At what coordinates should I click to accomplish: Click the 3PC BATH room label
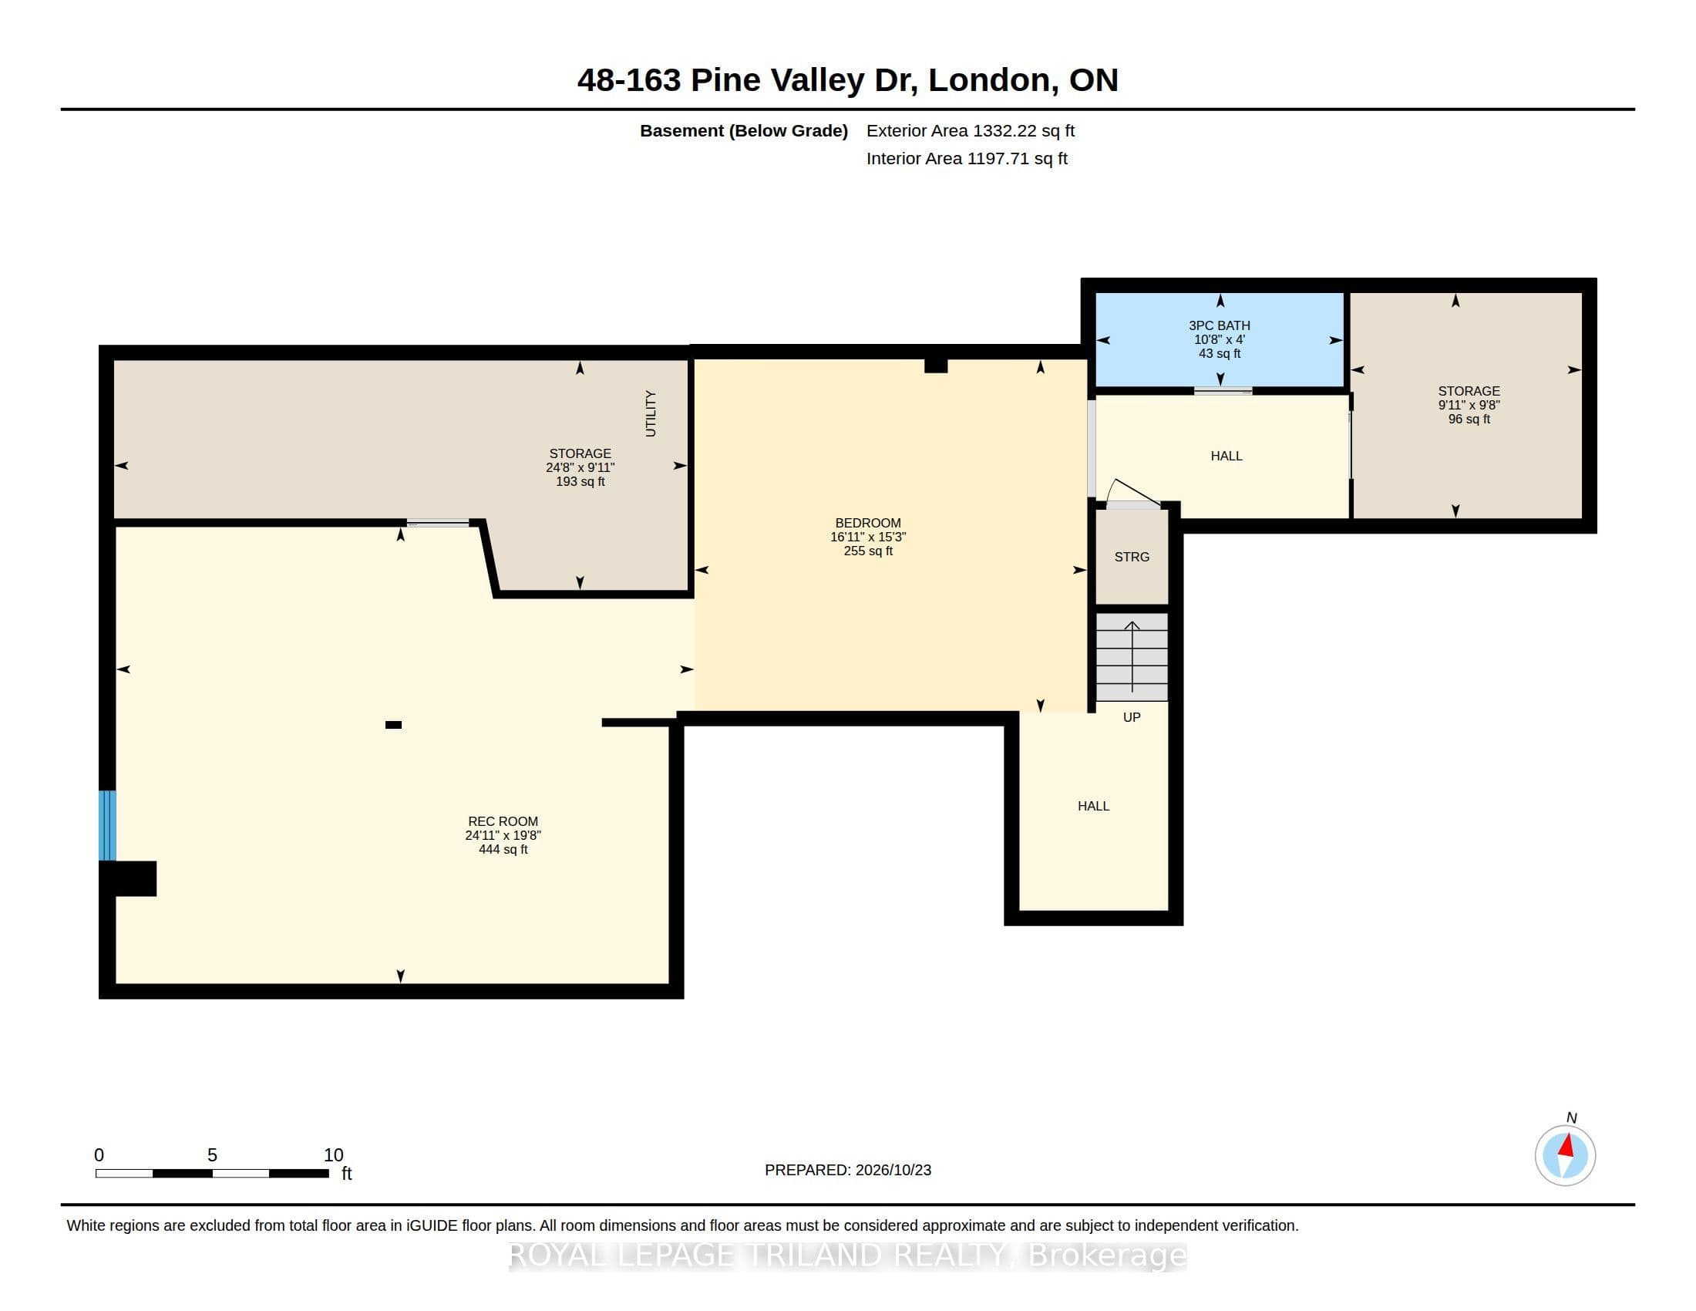(x=1220, y=325)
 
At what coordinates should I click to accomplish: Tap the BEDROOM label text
(x=867, y=523)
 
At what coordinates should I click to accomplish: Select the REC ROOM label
(x=503, y=821)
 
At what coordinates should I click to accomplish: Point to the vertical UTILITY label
(x=651, y=413)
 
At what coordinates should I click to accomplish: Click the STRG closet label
(x=1132, y=557)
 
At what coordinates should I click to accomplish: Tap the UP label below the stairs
(x=1132, y=717)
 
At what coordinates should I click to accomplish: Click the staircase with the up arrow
(x=1132, y=657)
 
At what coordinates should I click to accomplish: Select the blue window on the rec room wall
(x=107, y=826)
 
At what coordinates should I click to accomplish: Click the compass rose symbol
(x=1565, y=1155)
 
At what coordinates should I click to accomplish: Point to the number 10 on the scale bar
(x=333, y=1155)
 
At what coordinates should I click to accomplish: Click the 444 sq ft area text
(x=503, y=849)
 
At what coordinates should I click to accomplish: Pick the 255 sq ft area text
(x=867, y=551)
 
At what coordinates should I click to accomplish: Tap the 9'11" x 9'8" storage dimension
(x=1469, y=405)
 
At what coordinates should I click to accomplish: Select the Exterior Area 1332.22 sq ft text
(x=970, y=130)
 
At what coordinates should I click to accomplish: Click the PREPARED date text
(x=847, y=1170)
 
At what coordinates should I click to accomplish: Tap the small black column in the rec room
(x=393, y=725)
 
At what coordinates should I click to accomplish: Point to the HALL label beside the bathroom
(x=1227, y=456)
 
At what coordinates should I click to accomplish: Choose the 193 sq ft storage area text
(x=579, y=481)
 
